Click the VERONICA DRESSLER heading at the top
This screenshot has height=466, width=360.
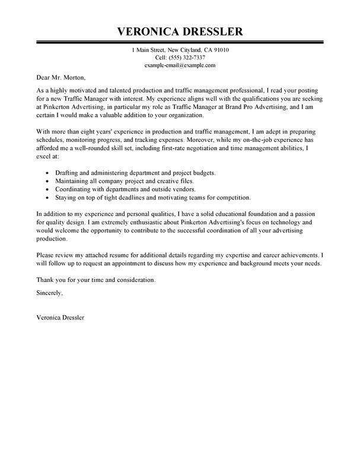tap(180, 31)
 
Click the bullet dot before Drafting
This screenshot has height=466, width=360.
tap(46, 172)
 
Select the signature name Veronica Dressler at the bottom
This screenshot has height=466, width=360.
tap(60, 317)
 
